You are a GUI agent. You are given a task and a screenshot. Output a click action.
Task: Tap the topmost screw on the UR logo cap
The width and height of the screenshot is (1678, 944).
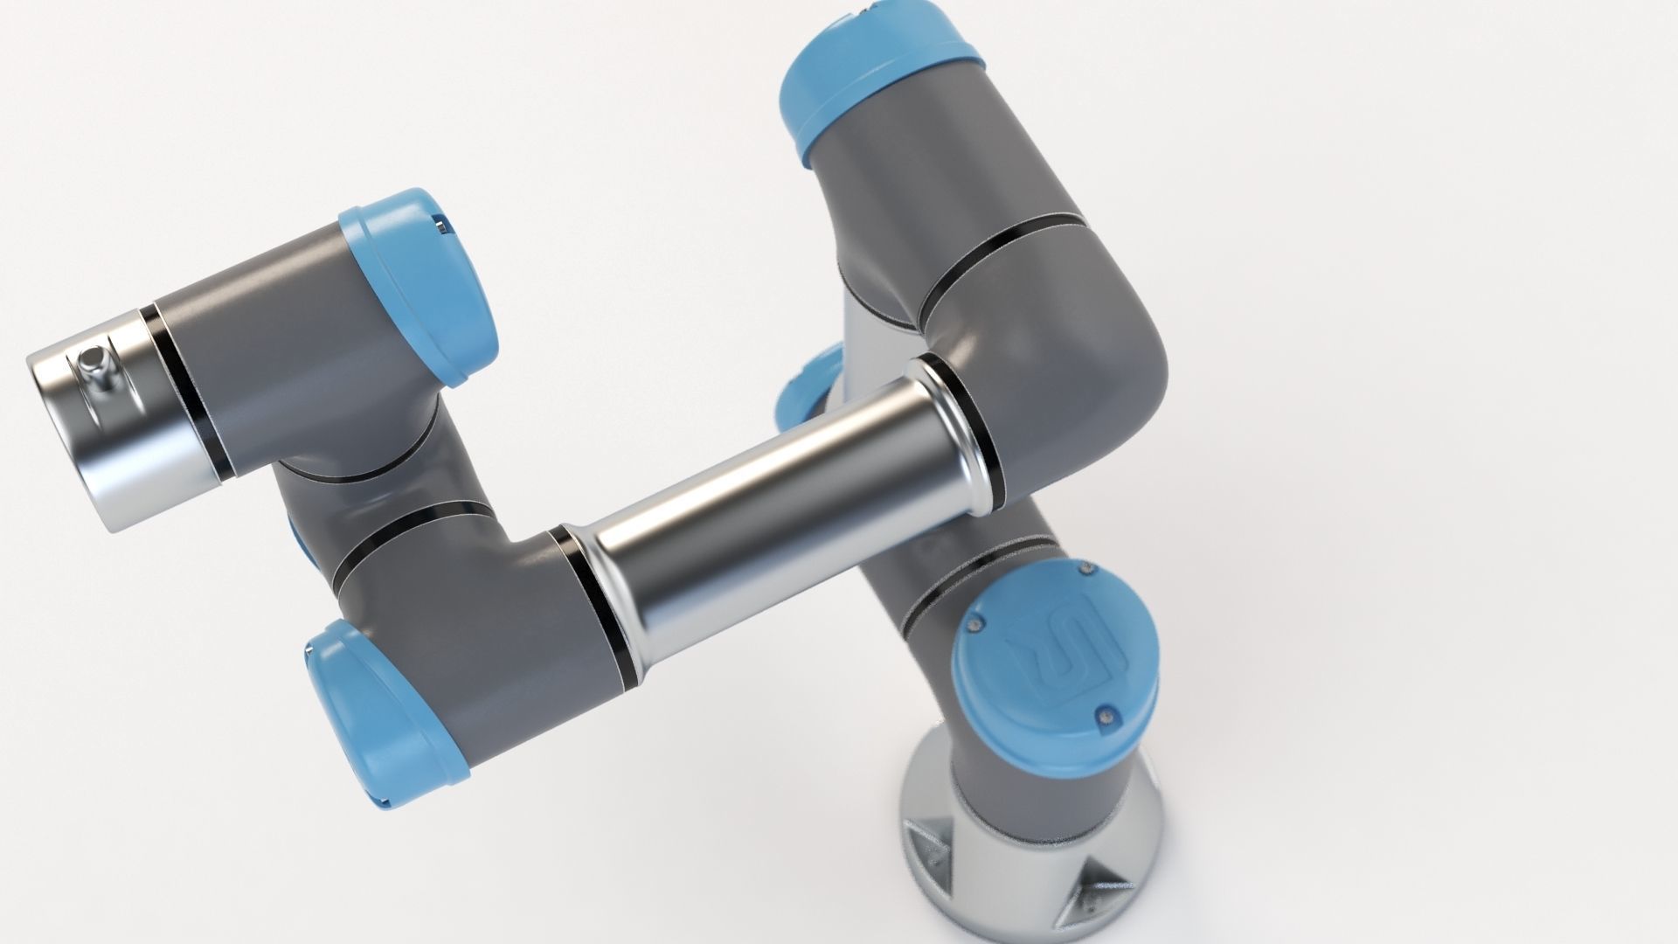[x=1086, y=571]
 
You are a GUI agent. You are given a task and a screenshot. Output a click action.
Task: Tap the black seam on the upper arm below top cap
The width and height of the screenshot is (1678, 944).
[x=1005, y=262]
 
